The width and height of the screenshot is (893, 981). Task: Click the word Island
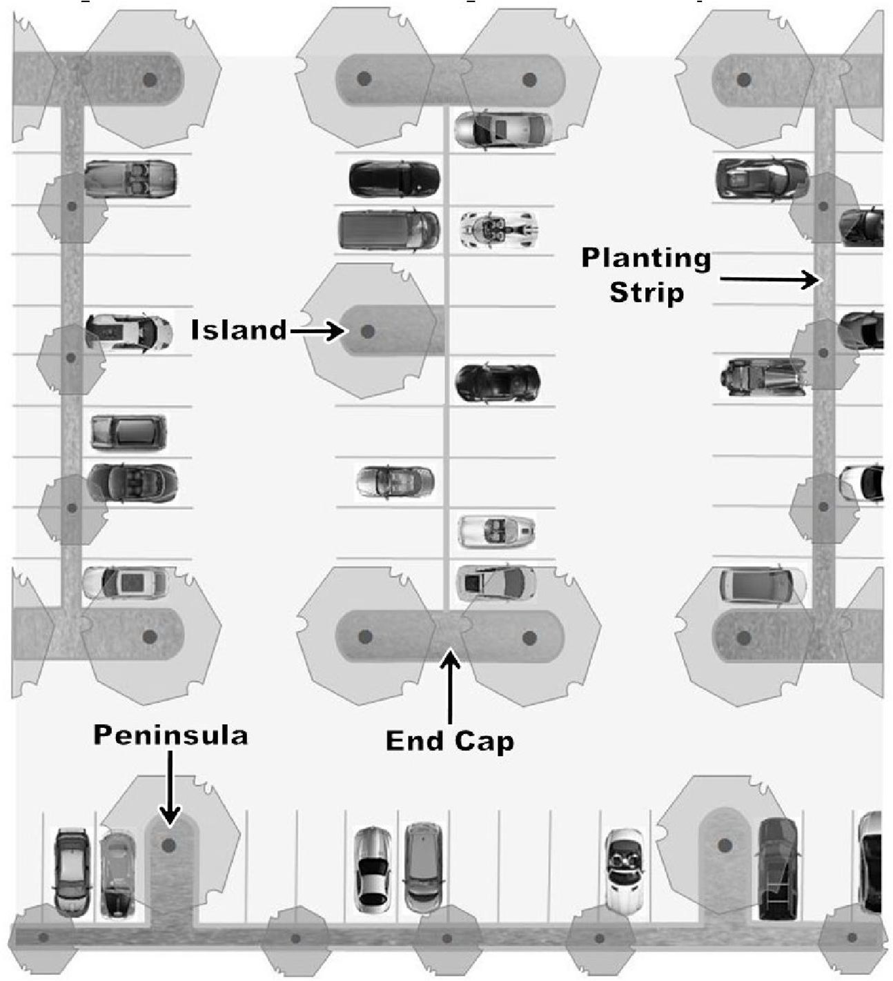[239, 330]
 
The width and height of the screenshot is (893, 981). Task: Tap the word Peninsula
[170, 735]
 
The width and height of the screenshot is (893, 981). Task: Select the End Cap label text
[450, 741]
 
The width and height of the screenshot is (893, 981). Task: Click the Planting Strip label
[646, 275]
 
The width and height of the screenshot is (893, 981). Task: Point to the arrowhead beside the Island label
[337, 332]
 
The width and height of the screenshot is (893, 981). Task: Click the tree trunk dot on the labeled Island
[368, 332]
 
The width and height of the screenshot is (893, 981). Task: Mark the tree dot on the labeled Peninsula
[168, 844]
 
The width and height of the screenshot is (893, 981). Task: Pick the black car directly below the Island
[497, 383]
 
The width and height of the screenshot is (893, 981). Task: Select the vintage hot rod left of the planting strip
[763, 377]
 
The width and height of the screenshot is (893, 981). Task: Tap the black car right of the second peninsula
[778, 869]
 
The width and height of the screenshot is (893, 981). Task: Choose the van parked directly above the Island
[389, 230]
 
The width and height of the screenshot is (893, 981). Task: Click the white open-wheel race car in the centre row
[499, 229]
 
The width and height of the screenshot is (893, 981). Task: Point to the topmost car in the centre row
[503, 129]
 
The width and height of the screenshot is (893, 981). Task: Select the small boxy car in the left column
[128, 433]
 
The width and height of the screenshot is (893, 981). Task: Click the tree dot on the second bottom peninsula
[724, 844]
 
